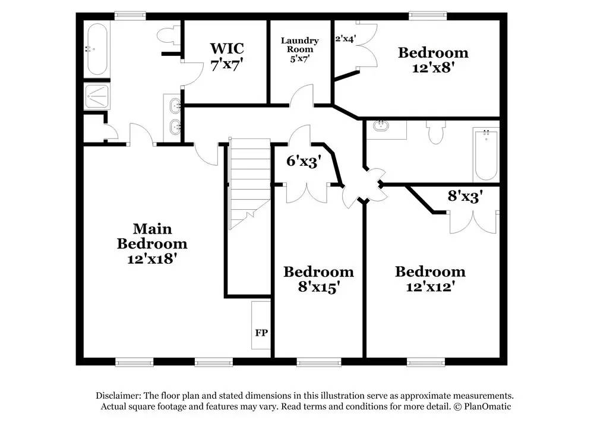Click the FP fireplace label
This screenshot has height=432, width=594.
[261, 332]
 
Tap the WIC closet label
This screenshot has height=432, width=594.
[226, 48]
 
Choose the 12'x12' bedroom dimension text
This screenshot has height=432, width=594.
[430, 286]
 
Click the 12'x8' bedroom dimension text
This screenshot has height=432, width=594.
[432, 67]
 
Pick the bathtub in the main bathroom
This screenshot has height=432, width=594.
[96, 49]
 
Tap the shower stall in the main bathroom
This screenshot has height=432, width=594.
[96, 95]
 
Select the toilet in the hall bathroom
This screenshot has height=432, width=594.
[435, 134]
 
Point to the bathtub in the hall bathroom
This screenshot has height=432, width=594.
[485, 154]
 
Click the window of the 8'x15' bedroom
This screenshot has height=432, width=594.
[318, 361]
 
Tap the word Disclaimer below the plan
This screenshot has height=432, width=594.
[118, 396]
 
